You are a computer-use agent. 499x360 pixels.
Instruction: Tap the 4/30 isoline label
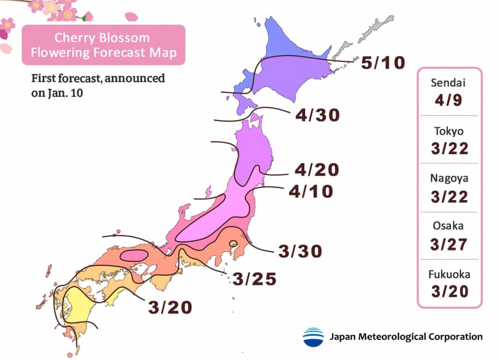[317, 115]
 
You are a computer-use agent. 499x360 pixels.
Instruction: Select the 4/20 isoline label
[317, 170]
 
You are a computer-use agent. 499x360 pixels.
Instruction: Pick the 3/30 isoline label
[300, 251]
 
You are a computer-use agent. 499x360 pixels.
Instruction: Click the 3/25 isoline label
[255, 279]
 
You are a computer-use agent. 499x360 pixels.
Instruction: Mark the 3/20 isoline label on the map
[169, 307]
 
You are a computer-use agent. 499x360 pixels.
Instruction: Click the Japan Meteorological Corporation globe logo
[313, 336]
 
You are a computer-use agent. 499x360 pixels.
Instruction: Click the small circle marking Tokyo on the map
[233, 245]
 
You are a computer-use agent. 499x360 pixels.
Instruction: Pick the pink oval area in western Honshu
[135, 255]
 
